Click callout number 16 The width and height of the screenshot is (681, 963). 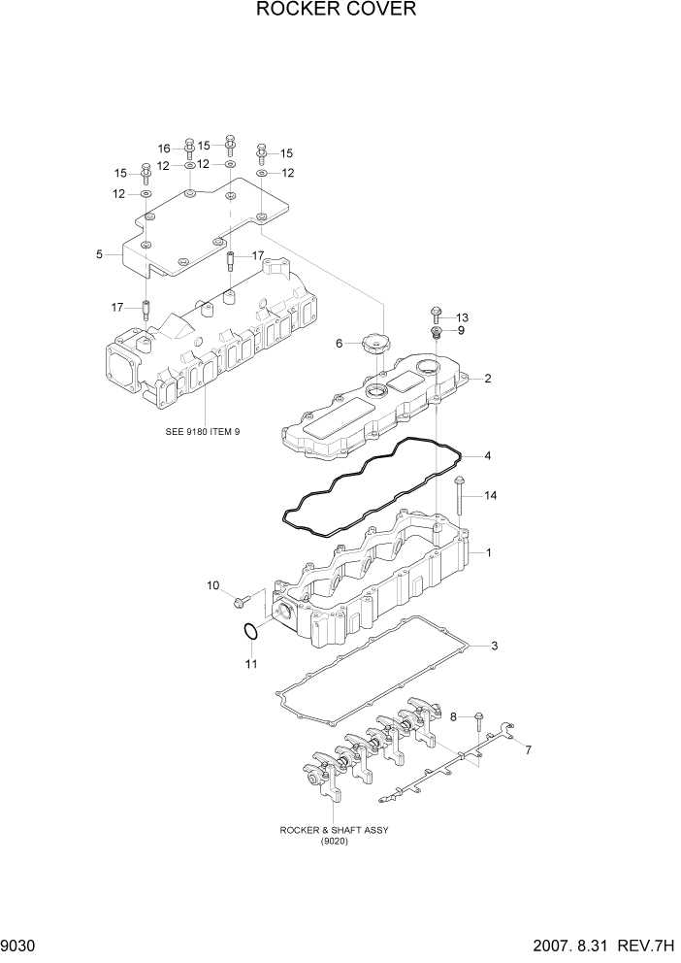click(165, 149)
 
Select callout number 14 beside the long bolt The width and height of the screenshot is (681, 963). click(490, 496)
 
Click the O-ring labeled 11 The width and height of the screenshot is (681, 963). click(250, 632)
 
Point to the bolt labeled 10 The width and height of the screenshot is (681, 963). click(240, 603)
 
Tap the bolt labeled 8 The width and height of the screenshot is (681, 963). click(477, 719)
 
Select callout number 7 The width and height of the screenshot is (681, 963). click(528, 750)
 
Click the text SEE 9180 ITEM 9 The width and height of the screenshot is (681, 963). click(203, 431)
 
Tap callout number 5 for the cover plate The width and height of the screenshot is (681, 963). click(100, 254)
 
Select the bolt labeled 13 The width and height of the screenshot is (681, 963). click(435, 315)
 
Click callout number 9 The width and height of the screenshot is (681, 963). click(461, 331)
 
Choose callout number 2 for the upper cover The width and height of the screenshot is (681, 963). click(488, 379)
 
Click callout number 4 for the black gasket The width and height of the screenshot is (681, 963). click(488, 455)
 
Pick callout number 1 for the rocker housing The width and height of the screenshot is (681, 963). click(489, 553)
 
